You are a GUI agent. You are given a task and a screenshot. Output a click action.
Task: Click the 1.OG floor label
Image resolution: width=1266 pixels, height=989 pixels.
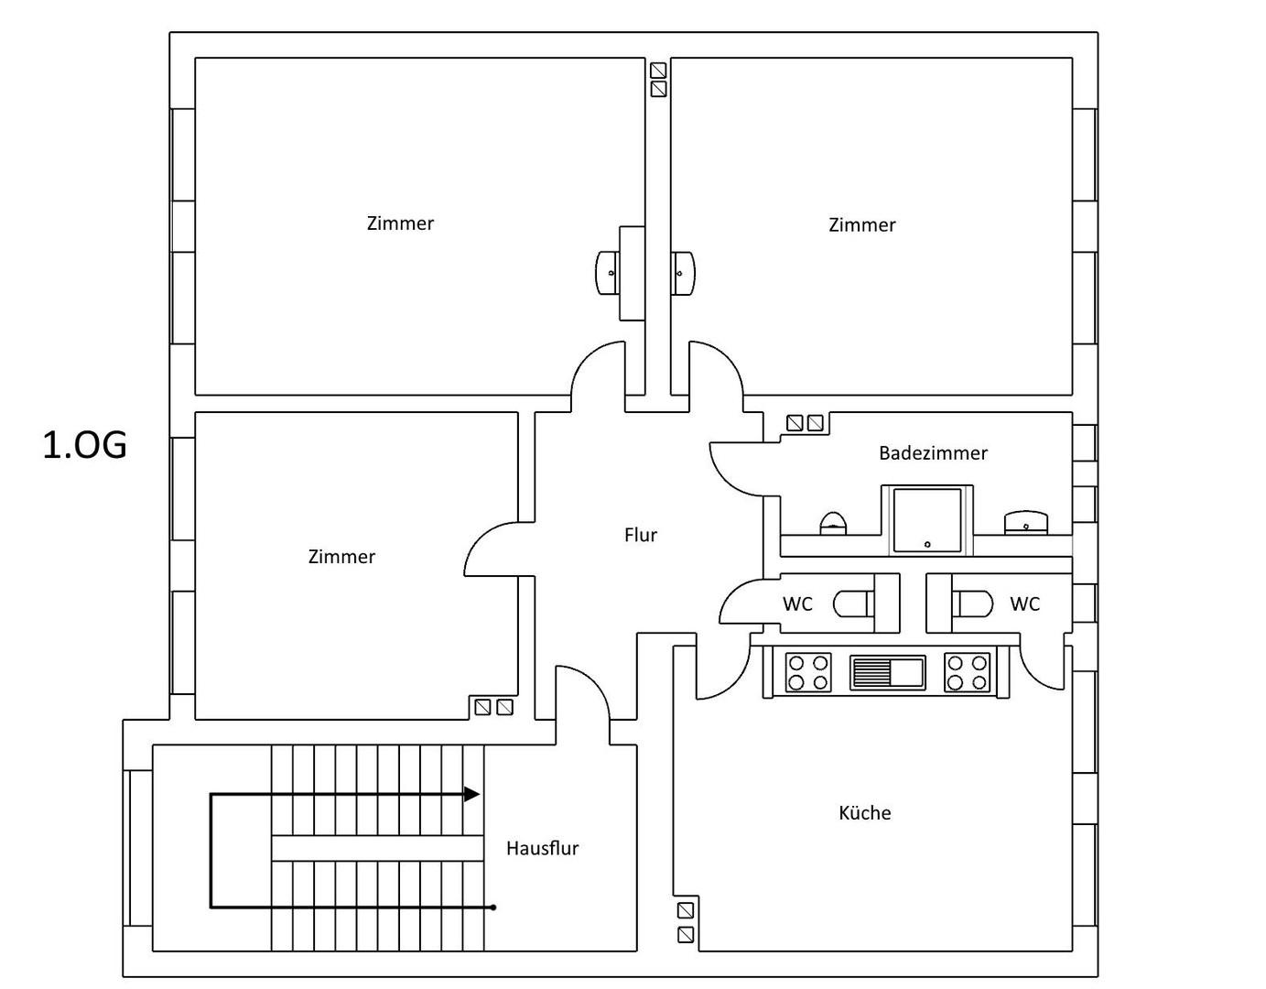85,445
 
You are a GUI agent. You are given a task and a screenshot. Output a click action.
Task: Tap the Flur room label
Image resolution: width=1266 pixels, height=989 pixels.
640,535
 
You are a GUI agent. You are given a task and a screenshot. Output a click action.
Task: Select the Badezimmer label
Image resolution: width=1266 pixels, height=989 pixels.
933,452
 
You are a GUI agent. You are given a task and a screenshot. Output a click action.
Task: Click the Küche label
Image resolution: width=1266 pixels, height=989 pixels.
864,812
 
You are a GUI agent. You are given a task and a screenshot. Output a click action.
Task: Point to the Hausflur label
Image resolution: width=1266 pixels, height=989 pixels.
543,848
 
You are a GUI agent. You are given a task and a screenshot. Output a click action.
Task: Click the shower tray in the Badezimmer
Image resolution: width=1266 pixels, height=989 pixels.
927,520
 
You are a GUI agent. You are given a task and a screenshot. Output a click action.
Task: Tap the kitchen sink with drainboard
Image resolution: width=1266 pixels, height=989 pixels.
887,673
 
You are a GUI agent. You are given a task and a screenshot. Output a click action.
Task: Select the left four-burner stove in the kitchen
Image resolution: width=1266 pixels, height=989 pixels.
808,672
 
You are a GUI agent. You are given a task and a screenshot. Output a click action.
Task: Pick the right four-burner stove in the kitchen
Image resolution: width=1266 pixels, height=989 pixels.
968,672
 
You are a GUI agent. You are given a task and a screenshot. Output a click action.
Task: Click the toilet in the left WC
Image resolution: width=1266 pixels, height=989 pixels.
853,603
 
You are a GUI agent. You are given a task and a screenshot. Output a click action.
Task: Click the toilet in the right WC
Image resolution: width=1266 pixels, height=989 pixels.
972,603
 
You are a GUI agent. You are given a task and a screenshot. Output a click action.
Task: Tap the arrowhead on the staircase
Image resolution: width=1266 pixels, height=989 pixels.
471,794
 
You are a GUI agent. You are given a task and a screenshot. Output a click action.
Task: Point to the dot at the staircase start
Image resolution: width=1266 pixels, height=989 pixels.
493,907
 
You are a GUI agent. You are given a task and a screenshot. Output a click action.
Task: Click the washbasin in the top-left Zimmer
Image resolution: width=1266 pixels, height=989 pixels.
608,273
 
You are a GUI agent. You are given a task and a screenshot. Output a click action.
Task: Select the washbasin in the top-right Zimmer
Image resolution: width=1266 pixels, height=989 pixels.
683,273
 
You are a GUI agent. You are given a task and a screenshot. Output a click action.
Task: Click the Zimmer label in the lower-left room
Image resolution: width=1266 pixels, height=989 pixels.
341,557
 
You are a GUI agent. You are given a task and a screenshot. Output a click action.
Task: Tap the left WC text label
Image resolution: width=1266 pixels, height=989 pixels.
797,603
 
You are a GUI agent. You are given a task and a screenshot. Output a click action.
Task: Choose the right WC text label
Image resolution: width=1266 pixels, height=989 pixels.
1025,603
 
